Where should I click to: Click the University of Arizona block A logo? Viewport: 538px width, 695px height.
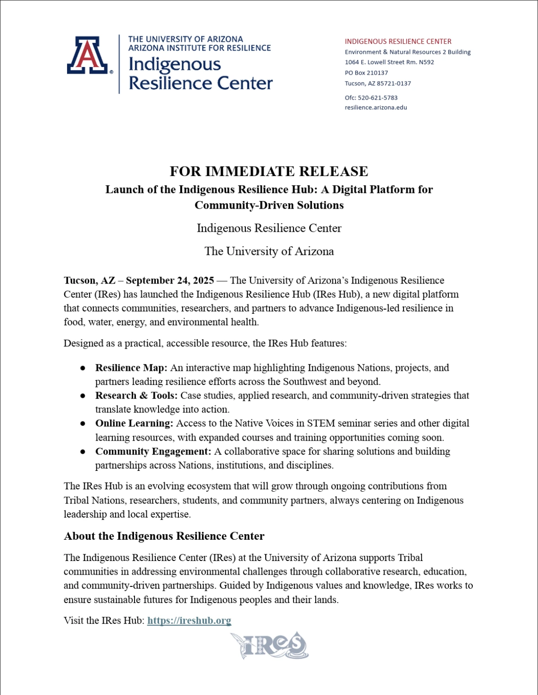pos(88,55)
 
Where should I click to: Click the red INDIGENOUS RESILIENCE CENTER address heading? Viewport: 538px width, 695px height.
pos(398,42)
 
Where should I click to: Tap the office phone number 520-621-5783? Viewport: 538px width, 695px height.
pos(378,98)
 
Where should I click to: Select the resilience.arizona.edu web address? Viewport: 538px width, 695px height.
pos(376,108)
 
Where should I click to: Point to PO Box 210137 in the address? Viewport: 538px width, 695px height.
pos(366,73)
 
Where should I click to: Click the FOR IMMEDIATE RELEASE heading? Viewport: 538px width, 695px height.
pos(269,171)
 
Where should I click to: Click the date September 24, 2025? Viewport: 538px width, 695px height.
pos(170,281)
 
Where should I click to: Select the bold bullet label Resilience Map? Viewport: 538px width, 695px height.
pos(131,368)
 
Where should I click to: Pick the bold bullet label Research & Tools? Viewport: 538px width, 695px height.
pos(136,396)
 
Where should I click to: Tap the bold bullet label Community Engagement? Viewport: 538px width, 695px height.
pos(153,452)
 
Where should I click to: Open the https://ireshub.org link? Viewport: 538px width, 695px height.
pos(189,621)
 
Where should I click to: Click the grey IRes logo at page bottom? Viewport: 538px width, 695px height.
pos(270,645)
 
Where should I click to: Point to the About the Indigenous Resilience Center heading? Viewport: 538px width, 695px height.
pos(164,536)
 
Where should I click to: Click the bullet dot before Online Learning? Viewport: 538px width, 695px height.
pos(83,424)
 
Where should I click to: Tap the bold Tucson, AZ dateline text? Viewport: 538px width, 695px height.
pos(89,281)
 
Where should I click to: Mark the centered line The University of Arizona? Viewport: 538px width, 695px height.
pos(269,251)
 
